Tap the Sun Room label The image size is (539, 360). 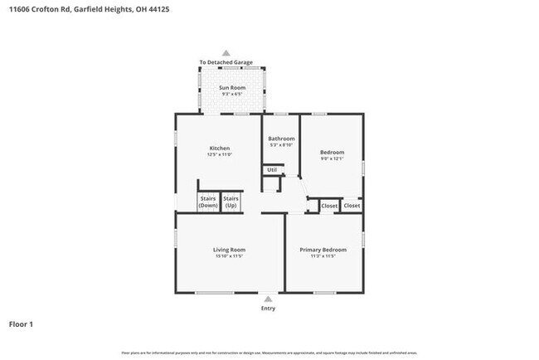pyautogui.click(x=231, y=87)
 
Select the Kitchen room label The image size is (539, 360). pyautogui.click(x=219, y=148)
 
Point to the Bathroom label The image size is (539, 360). pyautogui.click(x=281, y=139)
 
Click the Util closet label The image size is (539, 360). pyautogui.click(x=271, y=170)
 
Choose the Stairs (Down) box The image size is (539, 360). pyautogui.click(x=208, y=202)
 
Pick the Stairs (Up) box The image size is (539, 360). pyautogui.click(x=231, y=202)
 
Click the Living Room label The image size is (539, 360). pyautogui.click(x=230, y=249)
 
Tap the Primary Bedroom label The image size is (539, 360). pyautogui.click(x=323, y=249)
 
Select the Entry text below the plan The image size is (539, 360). pyautogui.click(x=268, y=309)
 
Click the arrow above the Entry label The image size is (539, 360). pyautogui.click(x=268, y=299)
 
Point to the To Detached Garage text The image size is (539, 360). pyautogui.click(x=226, y=62)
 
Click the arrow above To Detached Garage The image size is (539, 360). pyautogui.click(x=226, y=53)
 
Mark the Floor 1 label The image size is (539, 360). pyautogui.click(x=22, y=324)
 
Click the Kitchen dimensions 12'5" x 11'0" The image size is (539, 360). pyautogui.click(x=219, y=155)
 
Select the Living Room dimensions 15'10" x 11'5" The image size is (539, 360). pyautogui.click(x=230, y=255)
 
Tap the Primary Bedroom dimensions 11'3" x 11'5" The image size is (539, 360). pyautogui.click(x=323, y=255)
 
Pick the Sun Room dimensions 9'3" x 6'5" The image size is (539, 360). pyautogui.click(x=231, y=94)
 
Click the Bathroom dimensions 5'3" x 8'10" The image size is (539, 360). pyautogui.click(x=281, y=145)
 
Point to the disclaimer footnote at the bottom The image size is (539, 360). pyautogui.click(x=269, y=353)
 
